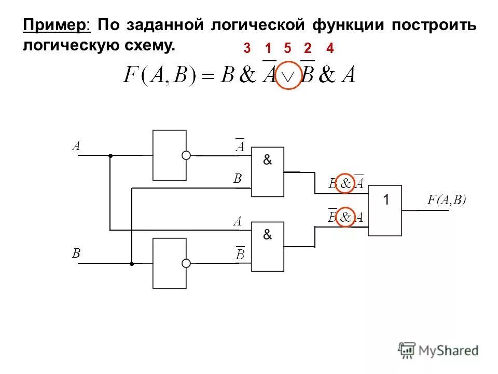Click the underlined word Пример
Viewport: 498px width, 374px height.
[56, 25]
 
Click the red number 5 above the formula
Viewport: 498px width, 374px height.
[287, 49]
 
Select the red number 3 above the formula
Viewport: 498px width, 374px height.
[247, 49]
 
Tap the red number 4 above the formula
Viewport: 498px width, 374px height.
[329, 49]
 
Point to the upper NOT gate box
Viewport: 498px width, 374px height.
[169, 155]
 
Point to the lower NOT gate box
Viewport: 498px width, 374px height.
[169, 263]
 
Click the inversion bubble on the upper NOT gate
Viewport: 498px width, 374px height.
[186, 155]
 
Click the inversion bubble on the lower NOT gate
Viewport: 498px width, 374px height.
[186, 263]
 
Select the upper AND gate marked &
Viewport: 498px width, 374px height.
[268, 171]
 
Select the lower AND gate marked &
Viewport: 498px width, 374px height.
[268, 246]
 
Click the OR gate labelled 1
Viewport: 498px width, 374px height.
[385, 210]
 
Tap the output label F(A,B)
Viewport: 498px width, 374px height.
[447, 200]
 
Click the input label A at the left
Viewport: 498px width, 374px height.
[76, 146]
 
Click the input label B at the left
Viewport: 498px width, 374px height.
[76, 253]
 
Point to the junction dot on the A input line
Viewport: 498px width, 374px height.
[110, 155]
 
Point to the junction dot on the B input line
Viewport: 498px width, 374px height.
[132, 263]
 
